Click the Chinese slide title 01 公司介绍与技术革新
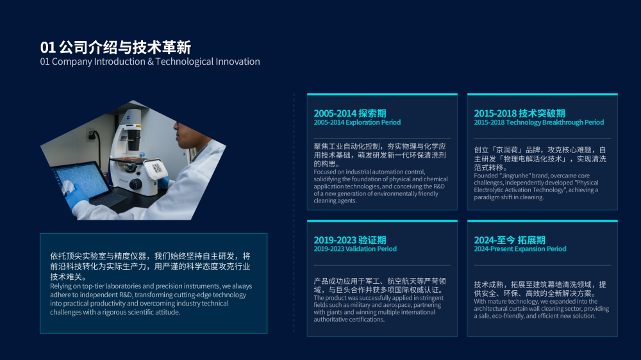(115, 47)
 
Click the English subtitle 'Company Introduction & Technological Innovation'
(156, 61)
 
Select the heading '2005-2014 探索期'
(349, 113)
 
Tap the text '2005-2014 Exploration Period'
(357, 122)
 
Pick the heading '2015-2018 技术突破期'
(519, 113)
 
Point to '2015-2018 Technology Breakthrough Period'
(539, 122)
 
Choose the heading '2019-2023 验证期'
(349, 240)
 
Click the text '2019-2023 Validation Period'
(355, 249)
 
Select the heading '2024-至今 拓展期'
(510, 240)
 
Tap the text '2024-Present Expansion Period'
(520, 249)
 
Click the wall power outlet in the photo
(92, 135)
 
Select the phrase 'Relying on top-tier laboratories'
(96, 286)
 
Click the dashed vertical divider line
(294, 213)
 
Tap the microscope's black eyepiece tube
(134, 140)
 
